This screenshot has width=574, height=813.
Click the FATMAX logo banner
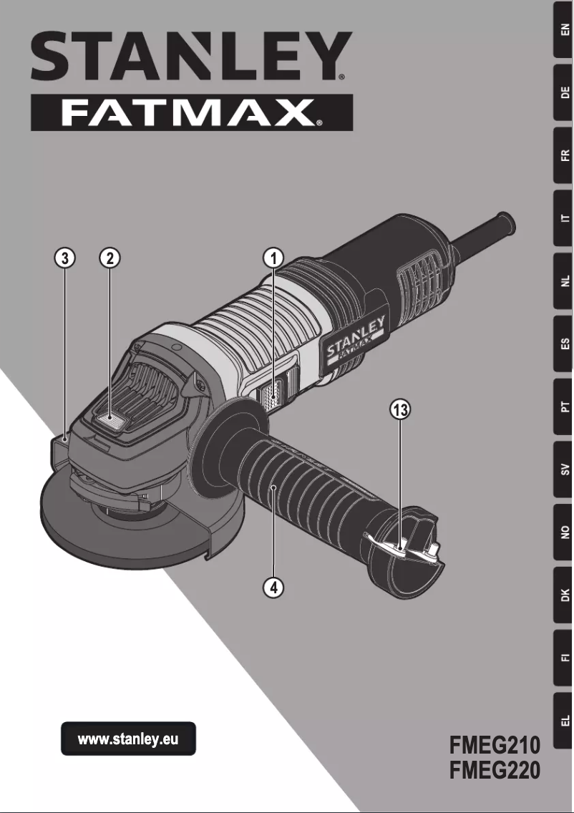point(191,112)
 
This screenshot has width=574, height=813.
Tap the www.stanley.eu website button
point(127,739)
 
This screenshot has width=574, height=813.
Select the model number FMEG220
point(494,771)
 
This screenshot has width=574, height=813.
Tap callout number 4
point(273,587)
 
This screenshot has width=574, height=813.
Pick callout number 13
point(400,410)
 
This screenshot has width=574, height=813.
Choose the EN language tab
point(564,30)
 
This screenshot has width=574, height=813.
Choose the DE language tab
point(564,92)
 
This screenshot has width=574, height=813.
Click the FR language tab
point(564,155)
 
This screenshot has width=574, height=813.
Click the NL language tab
point(564,281)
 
